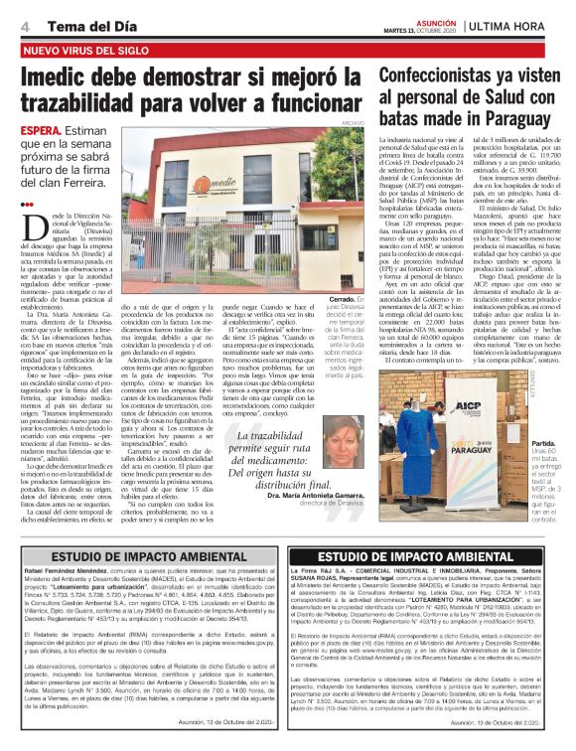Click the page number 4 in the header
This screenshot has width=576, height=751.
click(24, 25)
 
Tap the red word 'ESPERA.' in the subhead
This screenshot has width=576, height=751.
click(45, 131)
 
